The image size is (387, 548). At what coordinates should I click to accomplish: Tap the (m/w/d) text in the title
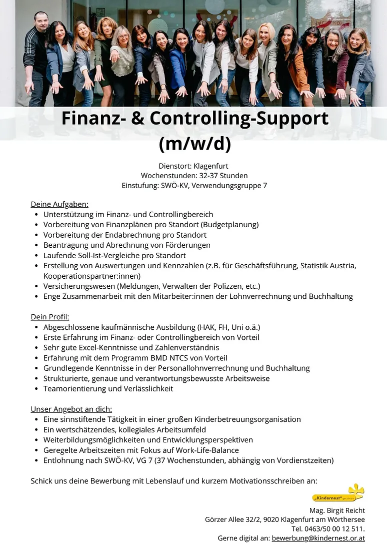coord(194,143)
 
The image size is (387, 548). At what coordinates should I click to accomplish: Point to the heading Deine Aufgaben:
coord(59,204)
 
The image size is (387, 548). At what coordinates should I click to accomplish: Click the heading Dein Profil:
coord(50,317)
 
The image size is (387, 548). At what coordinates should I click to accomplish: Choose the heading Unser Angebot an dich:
coord(71,409)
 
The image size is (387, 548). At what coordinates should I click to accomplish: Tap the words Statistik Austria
coord(328,265)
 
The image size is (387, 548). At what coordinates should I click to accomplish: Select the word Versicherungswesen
coord(79,286)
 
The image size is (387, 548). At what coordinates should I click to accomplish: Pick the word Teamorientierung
coord(74,388)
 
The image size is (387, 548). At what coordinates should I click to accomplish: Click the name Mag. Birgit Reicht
coord(337,510)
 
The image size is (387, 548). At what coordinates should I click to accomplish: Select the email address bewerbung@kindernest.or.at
coord(318,538)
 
